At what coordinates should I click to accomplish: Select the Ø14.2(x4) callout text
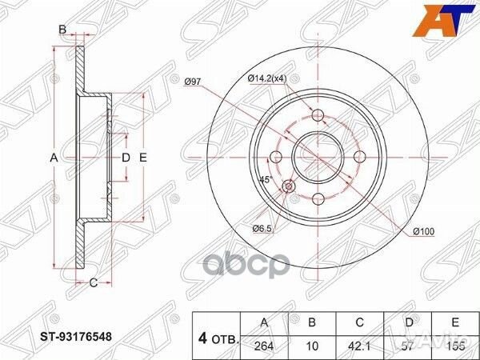(x=266, y=78)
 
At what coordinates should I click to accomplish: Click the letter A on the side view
(x=54, y=158)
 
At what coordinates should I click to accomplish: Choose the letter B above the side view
(x=62, y=30)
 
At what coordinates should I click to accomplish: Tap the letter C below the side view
(x=93, y=282)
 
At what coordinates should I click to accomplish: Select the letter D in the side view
(x=126, y=158)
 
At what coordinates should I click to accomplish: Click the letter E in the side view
(x=143, y=158)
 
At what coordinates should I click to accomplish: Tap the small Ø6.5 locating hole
(x=290, y=186)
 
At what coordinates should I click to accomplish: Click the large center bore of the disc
(x=318, y=154)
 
